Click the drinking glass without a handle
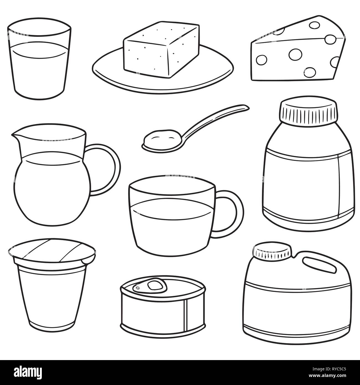click(x=39, y=59)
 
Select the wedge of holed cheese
click(x=298, y=48)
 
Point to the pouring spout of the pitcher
click(x=16, y=135)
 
